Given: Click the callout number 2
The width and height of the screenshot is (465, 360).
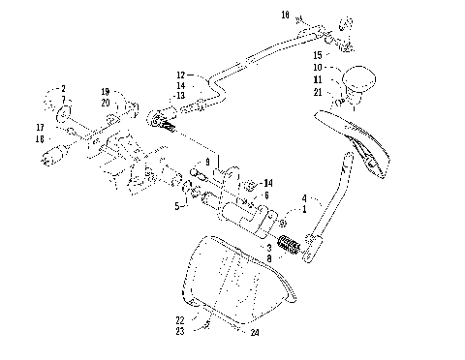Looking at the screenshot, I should tap(62, 88).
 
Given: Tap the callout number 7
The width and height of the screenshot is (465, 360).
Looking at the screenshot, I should tap(62, 99).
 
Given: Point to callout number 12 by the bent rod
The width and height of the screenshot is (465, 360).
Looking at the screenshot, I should tap(179, 75).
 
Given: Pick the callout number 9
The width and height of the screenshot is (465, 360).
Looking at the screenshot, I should tap(206, 162).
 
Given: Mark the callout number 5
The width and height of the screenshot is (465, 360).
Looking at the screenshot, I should tap(176, 206).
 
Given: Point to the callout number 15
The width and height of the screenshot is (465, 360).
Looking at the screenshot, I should tap(318, 56).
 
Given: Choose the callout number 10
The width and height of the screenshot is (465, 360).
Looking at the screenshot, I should tap(318, 67).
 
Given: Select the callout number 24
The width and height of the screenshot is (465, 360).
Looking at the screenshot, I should tap(255, 333).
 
